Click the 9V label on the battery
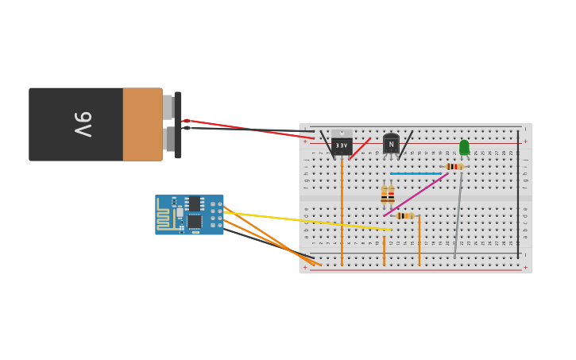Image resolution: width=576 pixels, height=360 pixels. tap(83, 124)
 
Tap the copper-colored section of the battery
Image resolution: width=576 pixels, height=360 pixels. tap(142, 124)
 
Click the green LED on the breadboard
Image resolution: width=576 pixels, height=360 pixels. tap(464, 147)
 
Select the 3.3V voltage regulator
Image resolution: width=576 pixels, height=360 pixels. tap(342, 145)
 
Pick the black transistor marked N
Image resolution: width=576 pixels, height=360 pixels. tap(391, 144)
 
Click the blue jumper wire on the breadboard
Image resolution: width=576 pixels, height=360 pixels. tap(415, 173)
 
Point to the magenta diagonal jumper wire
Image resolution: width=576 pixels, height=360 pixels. tap(417, 194)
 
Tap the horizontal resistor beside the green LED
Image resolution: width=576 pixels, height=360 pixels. tap(454, 166)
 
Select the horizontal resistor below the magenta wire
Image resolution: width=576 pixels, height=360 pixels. tap(404, 215)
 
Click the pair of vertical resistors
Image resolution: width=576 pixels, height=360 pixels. tap(388, 195)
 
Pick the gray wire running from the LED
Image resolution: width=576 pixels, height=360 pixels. tap(458, 215)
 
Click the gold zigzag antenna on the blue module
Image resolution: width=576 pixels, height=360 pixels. tap(165, 216)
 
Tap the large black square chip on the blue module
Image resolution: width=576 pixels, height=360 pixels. tap(195, 221)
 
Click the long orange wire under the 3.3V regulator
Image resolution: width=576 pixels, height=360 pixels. tap(342, 215)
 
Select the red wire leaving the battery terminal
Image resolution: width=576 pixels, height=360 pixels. tap(246, 129)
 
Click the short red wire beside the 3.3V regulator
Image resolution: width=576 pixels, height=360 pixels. tap(359, 149)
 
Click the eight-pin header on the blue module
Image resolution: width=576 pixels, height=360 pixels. tap(216, 215)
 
